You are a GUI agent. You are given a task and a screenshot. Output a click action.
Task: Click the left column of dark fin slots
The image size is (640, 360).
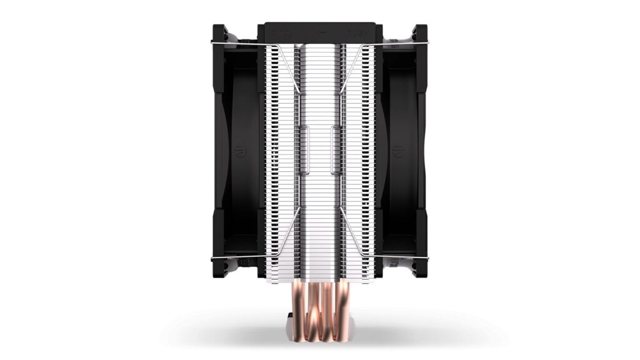271,156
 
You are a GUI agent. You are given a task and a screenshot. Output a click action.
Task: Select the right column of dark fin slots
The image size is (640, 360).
369,156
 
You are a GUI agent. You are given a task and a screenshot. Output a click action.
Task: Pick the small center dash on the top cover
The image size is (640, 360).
319,29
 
